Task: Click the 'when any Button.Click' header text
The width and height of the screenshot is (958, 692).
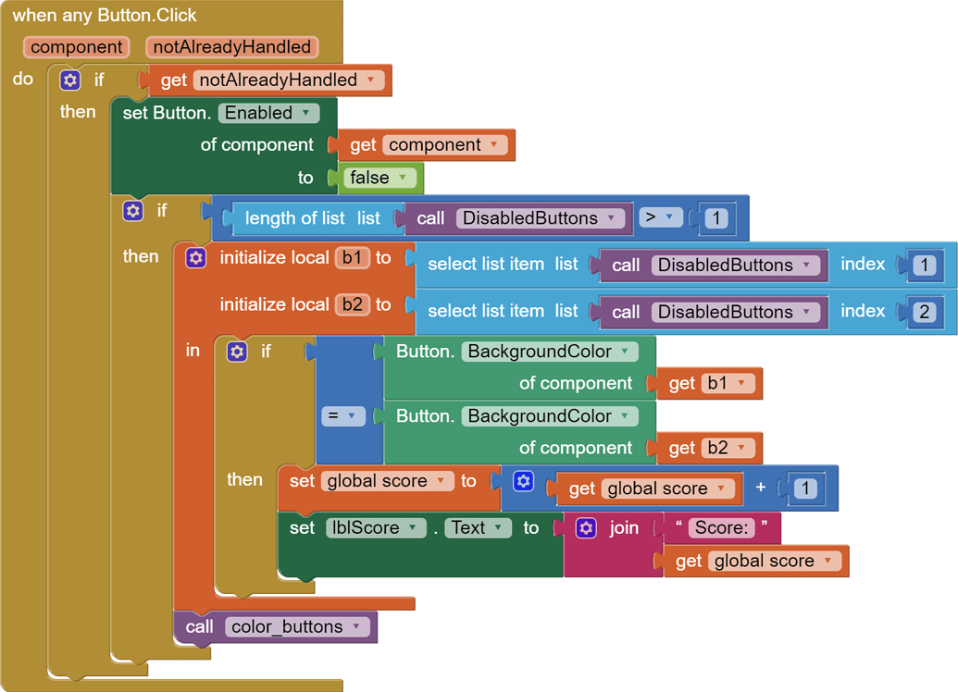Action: pos(105,16)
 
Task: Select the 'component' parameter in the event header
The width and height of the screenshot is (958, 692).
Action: pos(77,47)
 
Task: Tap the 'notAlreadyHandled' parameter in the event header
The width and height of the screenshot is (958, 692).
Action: pos(232,47)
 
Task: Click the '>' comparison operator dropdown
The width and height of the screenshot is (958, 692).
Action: pos(660,218)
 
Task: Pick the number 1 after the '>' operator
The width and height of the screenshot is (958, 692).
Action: pos(715,219)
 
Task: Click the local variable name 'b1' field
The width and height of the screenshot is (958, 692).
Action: pos(352,258)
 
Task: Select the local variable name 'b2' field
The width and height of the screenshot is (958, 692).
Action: pos(352,304)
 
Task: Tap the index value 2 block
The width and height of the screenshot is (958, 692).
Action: pos(924,312)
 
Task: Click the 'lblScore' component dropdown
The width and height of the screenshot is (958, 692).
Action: pos(375,528)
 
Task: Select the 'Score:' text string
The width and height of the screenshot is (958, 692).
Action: pos(721,527)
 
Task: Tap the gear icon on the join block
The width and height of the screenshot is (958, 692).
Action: pos(586,527)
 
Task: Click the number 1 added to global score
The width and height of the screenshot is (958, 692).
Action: pos(805,488)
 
